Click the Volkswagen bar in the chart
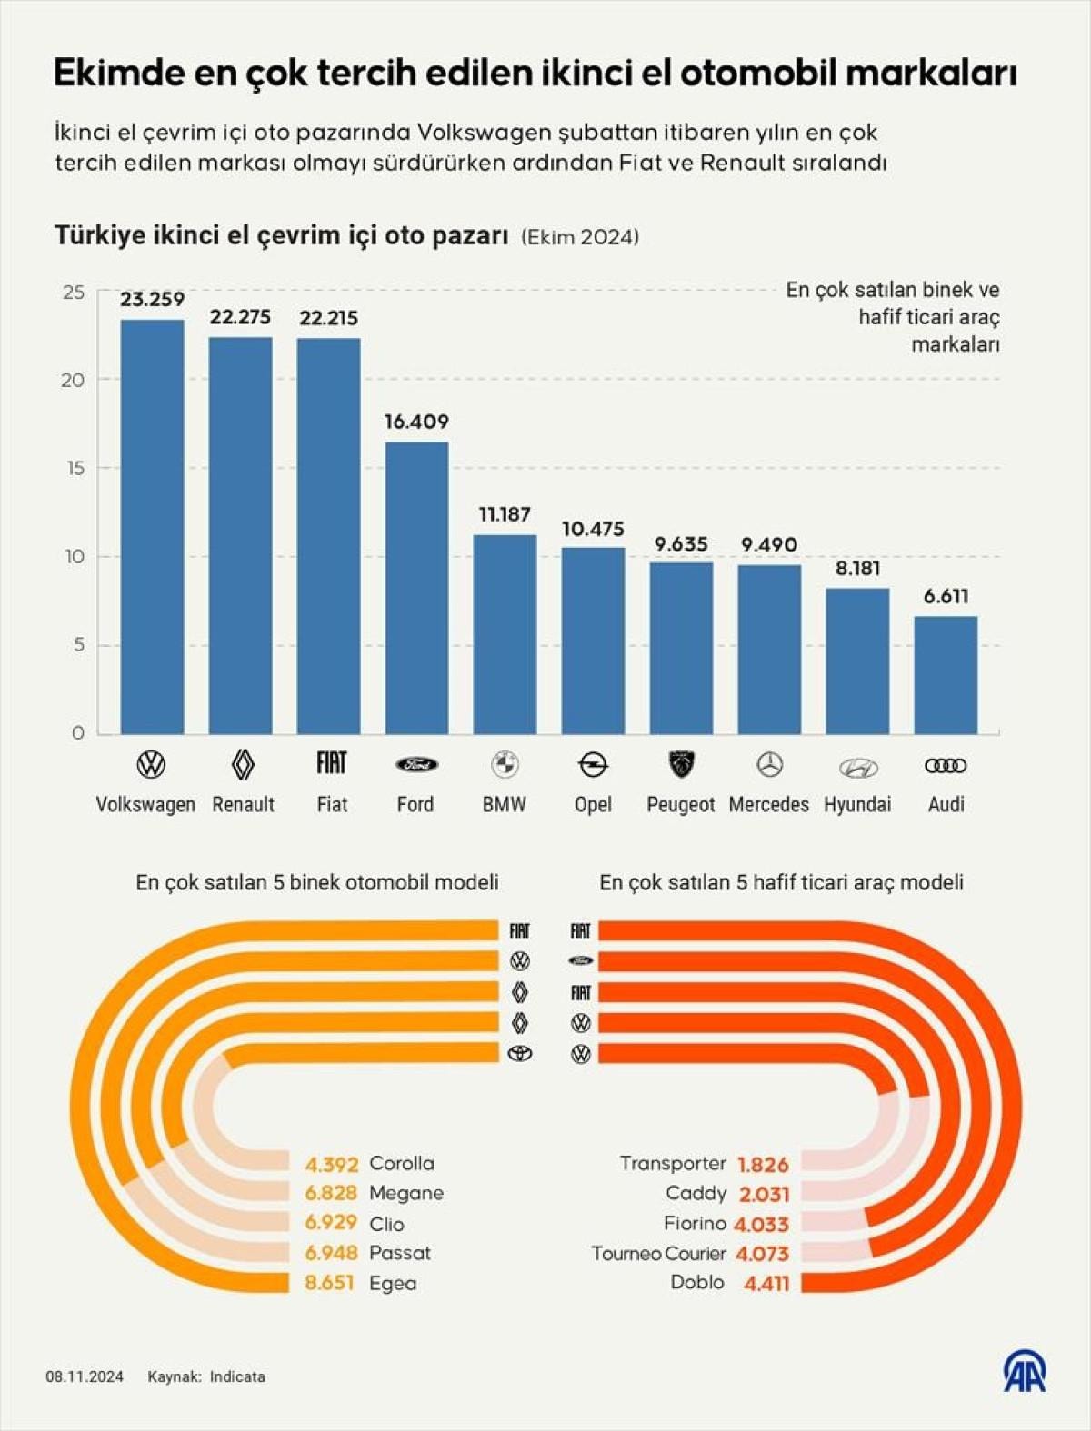click(x=152, y=527)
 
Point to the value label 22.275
click(x=240, y=317)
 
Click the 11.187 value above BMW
click(x=505, y=514)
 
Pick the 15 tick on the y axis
click(x=74, y=468)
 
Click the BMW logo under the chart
click(x=505, y=765)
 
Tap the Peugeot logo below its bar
click(x=681, y=765)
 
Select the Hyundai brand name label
click(x=857, y=804)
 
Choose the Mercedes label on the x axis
click(x=769, y=804)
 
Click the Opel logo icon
click(x=593, y=765)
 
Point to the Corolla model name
click(x=402, y=1163)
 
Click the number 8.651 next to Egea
click(x=329, y=1283)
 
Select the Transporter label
click(x=673, y=1163)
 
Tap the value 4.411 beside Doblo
click(x=766, y=1283)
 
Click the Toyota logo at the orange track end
click(x=520, y=1053)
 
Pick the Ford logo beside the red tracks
click(x=581, y=960)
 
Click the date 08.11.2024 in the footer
click(x=85, y=1376)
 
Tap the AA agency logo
click(x=1025, y=1372)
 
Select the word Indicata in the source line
click(x=237, y=1376)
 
